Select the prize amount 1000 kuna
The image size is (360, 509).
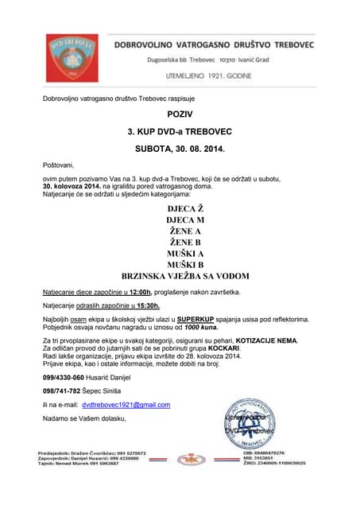[200, 326]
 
